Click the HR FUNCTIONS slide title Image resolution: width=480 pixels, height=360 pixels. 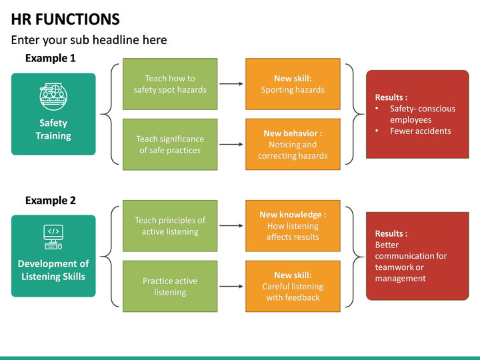pos(65,19)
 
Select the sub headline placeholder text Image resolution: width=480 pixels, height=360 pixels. pos(89,40)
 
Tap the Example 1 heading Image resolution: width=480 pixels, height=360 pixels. pos(50,59)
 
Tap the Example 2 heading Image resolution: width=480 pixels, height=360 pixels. pos(50,200)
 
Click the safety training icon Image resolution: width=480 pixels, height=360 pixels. pos(53,95)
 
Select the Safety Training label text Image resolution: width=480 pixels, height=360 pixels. pos(53,129)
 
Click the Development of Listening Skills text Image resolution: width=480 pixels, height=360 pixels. pos(53,270)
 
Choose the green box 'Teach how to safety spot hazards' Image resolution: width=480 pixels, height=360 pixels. pos(170,84)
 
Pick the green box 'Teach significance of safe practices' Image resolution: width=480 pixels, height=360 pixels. pos(170,145)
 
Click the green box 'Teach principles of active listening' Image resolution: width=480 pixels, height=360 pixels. pos(170,226)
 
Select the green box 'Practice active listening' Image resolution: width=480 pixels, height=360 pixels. pos(170,287)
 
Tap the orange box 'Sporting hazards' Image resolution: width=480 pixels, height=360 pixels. pos(293,84)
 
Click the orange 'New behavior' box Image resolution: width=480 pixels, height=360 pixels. pos(293,145)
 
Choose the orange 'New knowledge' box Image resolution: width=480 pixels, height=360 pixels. pos(293,226)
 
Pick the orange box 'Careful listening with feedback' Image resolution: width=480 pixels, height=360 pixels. pos(293,287)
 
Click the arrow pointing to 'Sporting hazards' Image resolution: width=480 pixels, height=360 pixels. pos(231,84)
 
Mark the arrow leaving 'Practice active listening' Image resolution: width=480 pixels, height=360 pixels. pos(231,287)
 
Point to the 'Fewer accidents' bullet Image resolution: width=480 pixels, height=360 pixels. pos(420,131)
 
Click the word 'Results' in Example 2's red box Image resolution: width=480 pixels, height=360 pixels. pos(389,234)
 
